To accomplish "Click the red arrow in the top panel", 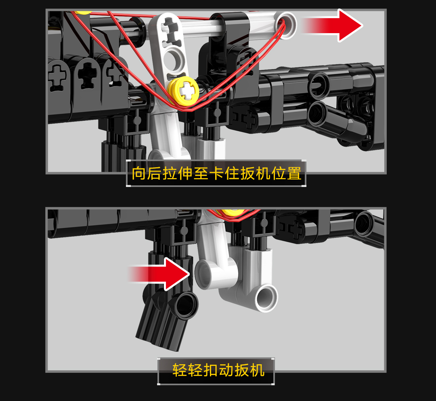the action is (x=332, y=25).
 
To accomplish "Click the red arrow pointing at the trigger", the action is (x=159, y=274).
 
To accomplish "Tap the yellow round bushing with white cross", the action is (x=183, y=91).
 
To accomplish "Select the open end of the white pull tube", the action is (x=285, y=25).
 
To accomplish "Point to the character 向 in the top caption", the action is (x=139, y=173).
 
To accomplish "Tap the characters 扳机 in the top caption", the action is (x=256, y=173).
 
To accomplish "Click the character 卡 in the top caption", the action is (x=217, y=173).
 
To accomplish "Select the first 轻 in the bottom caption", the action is (x=180, y=370).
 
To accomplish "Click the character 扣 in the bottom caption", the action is (x=211, y=370).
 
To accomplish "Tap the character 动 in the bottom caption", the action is (x=226, y=370).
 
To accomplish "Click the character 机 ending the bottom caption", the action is (x=257, y=370).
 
